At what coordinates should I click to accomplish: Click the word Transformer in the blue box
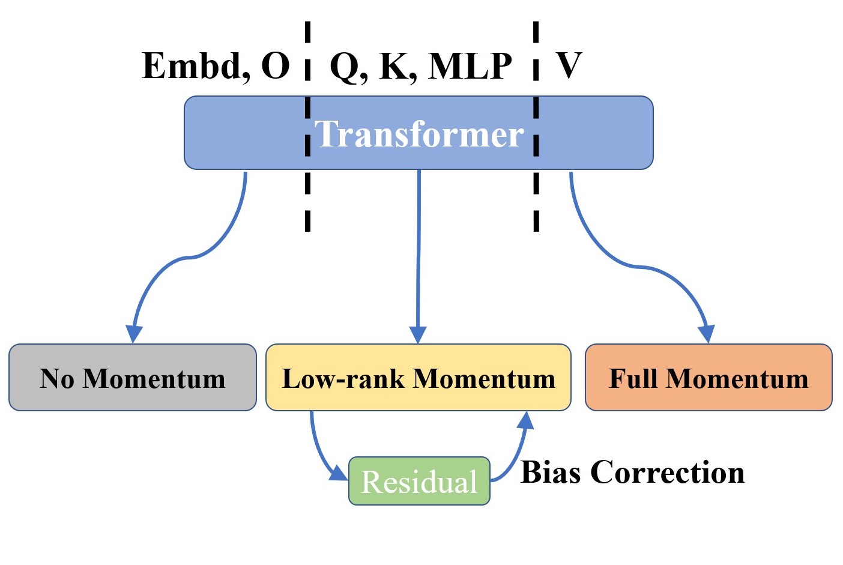pos(419,133)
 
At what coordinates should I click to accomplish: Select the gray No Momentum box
pos(132,378)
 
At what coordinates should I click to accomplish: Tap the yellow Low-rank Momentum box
pos(418,378)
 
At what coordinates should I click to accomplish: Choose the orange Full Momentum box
pos(709,378)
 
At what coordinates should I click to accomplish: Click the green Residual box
pos(419,481)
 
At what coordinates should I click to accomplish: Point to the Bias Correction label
pos(632,472)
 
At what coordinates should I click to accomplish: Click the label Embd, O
pos(216,65)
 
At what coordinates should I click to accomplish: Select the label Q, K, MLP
pos(420,65)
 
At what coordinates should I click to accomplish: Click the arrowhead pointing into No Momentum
pos(133,334)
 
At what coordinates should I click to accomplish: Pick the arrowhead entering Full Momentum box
pos(708,334)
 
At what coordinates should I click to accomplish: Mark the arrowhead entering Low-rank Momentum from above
pos(418,335)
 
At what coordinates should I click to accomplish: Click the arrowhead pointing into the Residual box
pos(339,473)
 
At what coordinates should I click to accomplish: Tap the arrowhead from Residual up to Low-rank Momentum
pos(525,420)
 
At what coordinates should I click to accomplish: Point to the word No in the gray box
pos(57,379)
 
